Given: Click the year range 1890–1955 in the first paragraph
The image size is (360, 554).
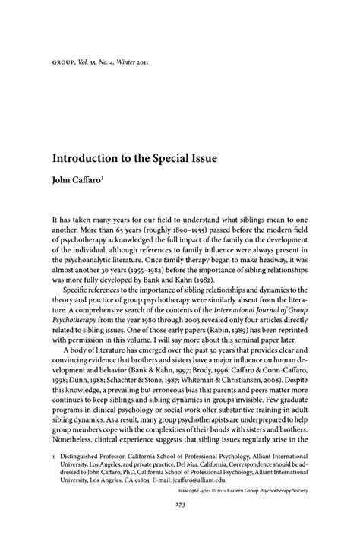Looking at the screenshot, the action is click(x=194, y=205).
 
